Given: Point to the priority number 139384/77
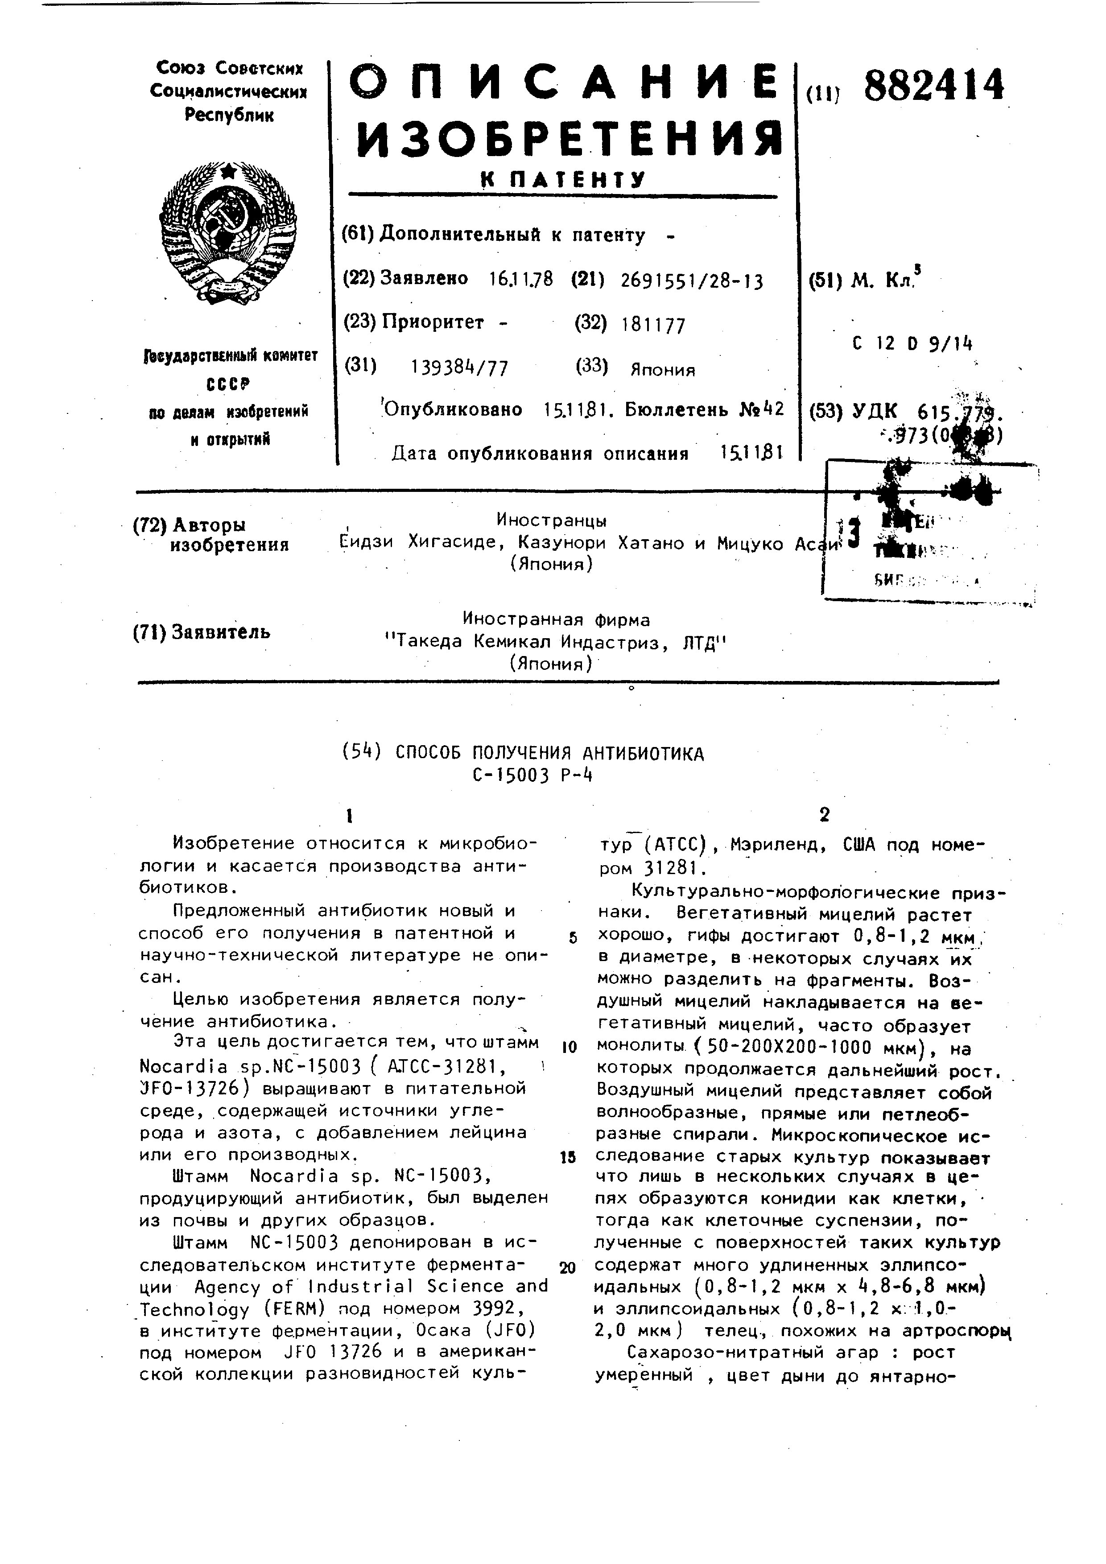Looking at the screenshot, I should pyautogui.click(x=460, y=368).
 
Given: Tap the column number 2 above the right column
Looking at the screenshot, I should pyautogui.click(x=825, y=815).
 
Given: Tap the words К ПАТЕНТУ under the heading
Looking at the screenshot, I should pyautogui.click(x=562, y=179).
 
